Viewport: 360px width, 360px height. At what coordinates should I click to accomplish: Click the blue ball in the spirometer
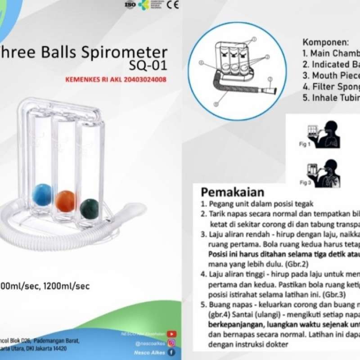(42, 194)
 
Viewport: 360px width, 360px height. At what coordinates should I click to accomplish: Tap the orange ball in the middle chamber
(66, 201)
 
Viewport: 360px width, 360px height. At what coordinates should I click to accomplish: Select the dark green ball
(90, 208)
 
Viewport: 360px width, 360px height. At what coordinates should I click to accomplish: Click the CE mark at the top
(173, 5)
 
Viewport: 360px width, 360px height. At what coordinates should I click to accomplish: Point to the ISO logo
(130, 5)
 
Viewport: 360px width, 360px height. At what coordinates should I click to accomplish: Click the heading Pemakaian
(232, 192)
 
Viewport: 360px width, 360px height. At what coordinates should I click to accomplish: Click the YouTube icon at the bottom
(171, 334)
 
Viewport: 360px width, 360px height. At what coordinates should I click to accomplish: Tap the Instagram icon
(171, 343)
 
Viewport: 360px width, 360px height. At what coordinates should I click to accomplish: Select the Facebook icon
(171, 352)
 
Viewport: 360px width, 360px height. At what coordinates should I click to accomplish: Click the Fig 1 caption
(305, 144)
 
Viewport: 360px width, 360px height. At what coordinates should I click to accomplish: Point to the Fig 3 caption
(305, 183)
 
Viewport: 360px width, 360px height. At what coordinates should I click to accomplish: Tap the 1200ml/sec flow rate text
(67, 286)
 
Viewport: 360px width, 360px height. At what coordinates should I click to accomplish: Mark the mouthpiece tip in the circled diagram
(270, 91)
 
